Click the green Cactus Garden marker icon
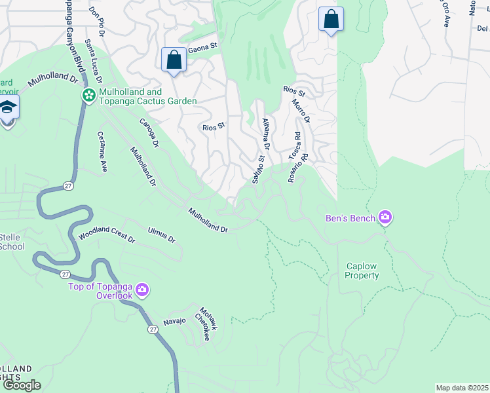(x=88, y=96)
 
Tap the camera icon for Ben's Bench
(x=385, y=217)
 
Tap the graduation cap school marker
(x=9, y=109)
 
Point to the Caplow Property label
(x=362, y=271)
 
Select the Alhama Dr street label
(x=266, y=134)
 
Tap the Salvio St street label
(x=256, y=168)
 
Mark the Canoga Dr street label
(x=149, y=132)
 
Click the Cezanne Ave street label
(x=102, y=152)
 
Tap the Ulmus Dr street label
(x=162, y=235)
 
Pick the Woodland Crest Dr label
(x=107, y=235)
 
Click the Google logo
(x=21, y=385)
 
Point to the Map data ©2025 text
(x=462, y=388)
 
